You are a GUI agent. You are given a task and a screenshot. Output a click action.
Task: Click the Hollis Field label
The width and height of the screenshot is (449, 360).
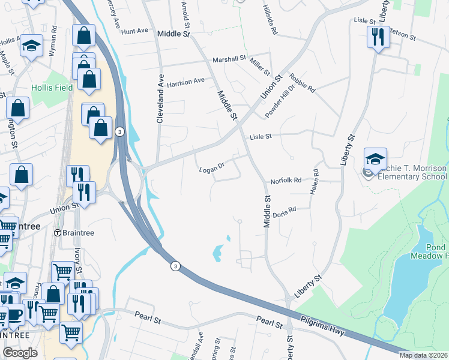pos(52,88)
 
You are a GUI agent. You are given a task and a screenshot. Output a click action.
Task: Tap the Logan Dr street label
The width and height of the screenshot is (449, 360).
pos(211,170)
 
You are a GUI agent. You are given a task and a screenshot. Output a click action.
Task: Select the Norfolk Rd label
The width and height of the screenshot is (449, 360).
pos(285,181)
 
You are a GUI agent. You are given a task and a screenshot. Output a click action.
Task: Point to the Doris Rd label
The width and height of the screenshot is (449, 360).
pos(285,211)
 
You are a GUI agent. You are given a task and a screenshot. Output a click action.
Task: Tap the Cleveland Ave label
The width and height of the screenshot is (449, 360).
pos(160,99)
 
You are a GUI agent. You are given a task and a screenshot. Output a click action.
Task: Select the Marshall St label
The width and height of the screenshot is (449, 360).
pos(230,58)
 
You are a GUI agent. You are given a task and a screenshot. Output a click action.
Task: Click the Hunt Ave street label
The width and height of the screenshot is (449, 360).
pos(134,31)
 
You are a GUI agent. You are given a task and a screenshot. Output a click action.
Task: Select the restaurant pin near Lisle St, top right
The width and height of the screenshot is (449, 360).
pos(379,37)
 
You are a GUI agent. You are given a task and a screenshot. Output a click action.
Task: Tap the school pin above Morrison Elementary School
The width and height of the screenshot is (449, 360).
pos(375,159)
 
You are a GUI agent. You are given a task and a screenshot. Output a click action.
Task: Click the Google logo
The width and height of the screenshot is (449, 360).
pos(20,353)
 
